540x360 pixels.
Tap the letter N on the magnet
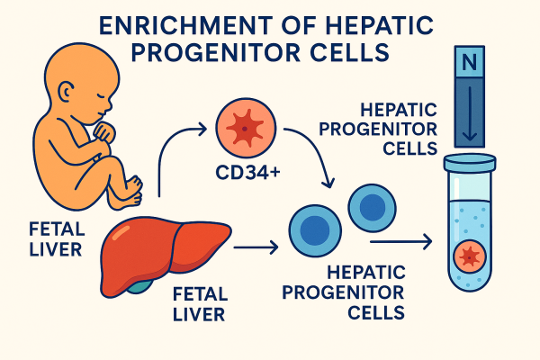click(468, 63)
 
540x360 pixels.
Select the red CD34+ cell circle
click(242, 127)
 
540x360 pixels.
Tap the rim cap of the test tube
click(469, 160)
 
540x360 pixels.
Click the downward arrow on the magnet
click(468, 117)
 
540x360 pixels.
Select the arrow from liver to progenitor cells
click(256, 244)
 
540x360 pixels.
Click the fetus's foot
click(131, 187)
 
